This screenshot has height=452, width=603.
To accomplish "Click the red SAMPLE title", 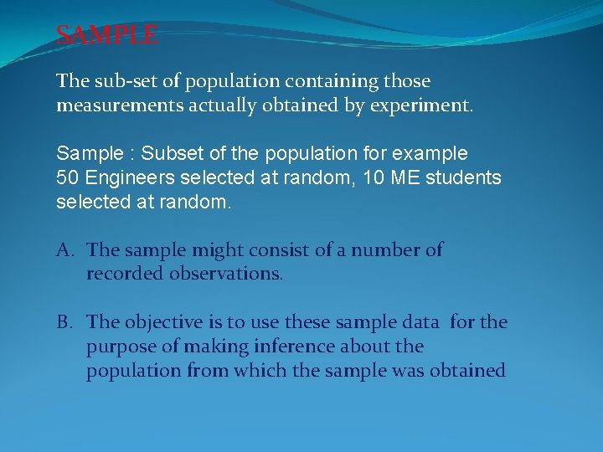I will (106, 35).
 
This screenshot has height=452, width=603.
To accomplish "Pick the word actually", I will (229, 106).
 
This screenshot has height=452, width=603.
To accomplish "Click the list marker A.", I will (64, 250).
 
